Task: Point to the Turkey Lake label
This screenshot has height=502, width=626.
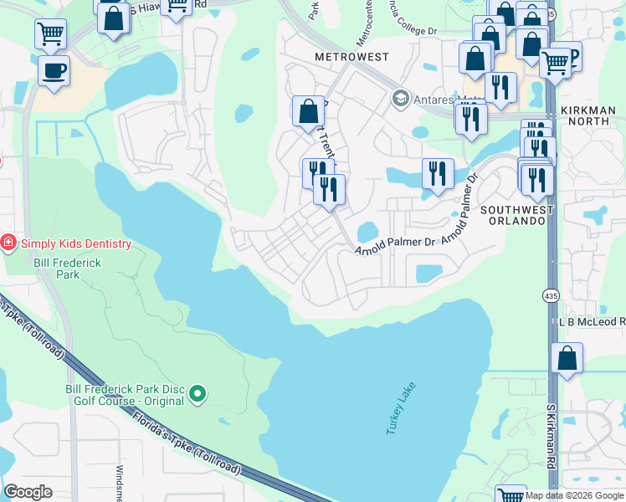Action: point(401,409)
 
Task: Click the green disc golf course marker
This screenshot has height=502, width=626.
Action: point(198,392)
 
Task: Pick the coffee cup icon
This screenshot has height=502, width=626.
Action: point(54,71)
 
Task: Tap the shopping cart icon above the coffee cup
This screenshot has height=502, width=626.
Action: point(50,34)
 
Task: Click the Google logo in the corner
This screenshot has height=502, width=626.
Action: point(28,492)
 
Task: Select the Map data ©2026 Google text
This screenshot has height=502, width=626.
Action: point(574,495)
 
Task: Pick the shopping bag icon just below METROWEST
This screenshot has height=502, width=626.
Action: point(308,111)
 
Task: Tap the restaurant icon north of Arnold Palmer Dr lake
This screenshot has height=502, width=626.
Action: point(438,174)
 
